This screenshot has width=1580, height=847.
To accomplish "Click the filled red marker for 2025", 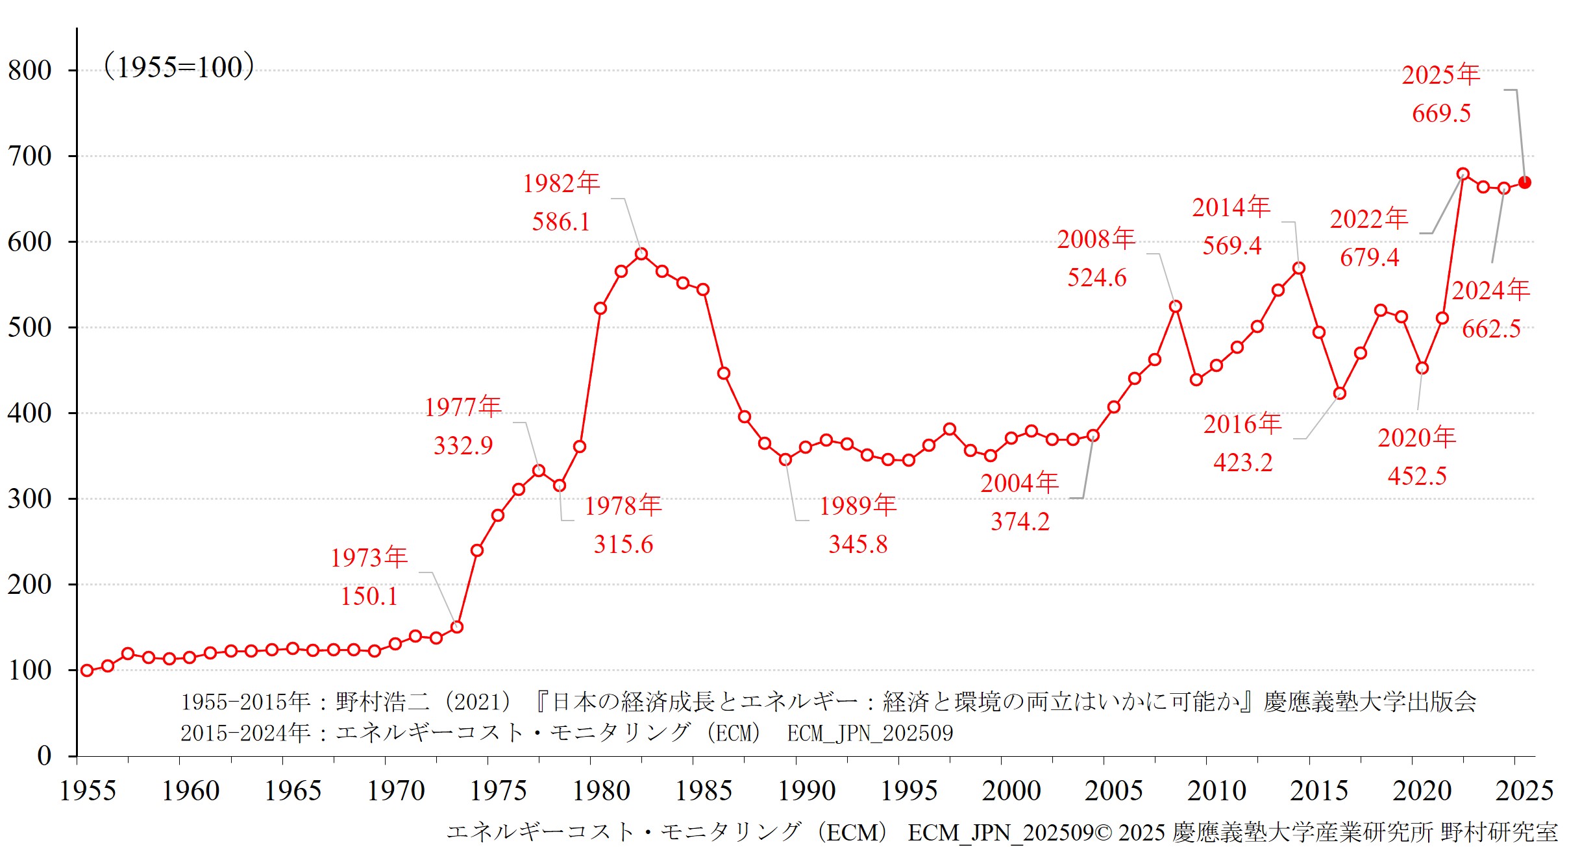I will tap(1525, 182).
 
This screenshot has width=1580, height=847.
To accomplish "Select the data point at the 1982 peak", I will tap(641, 254).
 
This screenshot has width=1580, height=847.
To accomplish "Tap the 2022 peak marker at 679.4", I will tap(1463, 174).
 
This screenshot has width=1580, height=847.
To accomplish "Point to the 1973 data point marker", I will tap(457, 627).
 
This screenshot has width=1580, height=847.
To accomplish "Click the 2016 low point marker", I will tap(1340, 393).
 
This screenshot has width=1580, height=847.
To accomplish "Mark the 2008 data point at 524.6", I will tap(1176, 306).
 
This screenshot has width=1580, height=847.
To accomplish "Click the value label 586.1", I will tap(561, 222).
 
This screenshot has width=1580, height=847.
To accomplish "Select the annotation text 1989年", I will tap(858, 506).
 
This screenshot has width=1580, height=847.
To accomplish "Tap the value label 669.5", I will tap(1441, 114).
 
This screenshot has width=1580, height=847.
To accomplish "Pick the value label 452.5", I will tap(1417, 476).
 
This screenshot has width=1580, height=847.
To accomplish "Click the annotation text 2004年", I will tap(1019, 483).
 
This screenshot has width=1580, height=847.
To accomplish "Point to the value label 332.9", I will tap(463, 446).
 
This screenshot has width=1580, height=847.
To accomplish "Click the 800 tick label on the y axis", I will tap(30, 70).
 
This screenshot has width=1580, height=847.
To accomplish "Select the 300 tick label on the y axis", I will tap(30, 499).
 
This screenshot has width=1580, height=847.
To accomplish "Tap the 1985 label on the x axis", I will tap(704, 791).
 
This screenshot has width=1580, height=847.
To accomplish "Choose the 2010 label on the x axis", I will tap(1216, 791).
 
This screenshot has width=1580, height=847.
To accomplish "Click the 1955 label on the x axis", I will tap(88, 791).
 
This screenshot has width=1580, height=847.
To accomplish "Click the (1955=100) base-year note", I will tap(179, 67).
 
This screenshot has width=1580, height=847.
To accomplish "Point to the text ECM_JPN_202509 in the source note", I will tap(870, 733).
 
